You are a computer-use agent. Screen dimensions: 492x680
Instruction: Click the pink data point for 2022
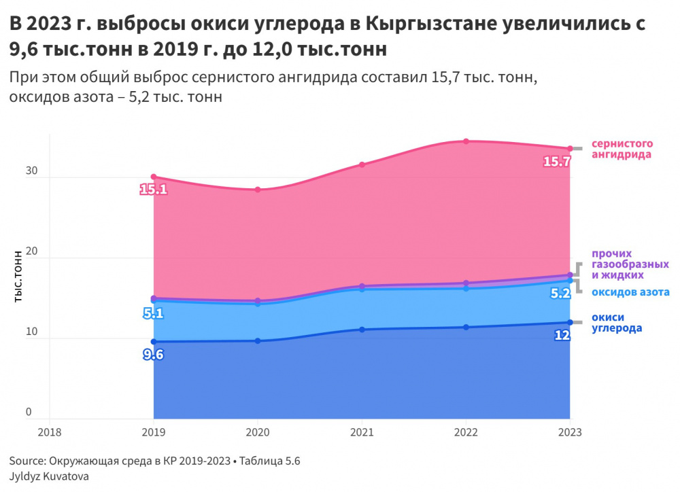tap(466, 141)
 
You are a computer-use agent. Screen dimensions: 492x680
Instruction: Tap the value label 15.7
tap(556, 162)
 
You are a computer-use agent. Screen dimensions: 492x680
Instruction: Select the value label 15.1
tap(153, 189)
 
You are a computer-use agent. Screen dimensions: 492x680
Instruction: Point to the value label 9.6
tap(153, 354)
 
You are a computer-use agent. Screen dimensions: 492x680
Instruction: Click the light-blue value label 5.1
tap(153, 313)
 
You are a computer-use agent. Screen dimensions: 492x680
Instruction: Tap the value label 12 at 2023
tap(562, 335)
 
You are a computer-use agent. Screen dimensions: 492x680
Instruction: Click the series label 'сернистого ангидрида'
tap(622, 149)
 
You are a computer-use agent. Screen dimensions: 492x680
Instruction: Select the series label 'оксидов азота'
tap(630, 292)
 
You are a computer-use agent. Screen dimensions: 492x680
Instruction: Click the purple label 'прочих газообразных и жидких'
tap(630, 264)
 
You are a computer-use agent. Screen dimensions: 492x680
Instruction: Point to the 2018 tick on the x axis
tap(50, 432)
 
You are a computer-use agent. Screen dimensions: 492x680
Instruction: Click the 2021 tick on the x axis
tap(362, 432)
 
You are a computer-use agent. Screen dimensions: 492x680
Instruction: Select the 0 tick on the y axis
tap(29, 411)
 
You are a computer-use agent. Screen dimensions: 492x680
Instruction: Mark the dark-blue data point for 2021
tap(362, 330)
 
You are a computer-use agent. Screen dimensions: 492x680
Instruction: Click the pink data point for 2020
tap(258, 190)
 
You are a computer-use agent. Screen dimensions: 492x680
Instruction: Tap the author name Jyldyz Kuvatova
tap(49, 476)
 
